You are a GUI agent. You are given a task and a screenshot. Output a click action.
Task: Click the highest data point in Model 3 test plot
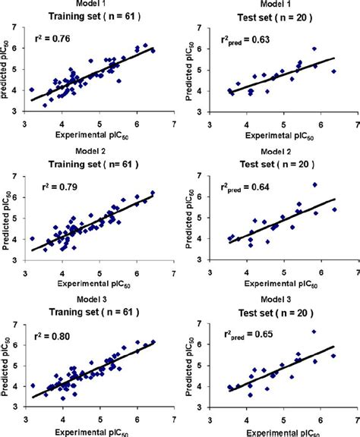tap(314, 332)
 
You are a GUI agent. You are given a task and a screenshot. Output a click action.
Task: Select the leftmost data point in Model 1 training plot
tap(31, 90)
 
